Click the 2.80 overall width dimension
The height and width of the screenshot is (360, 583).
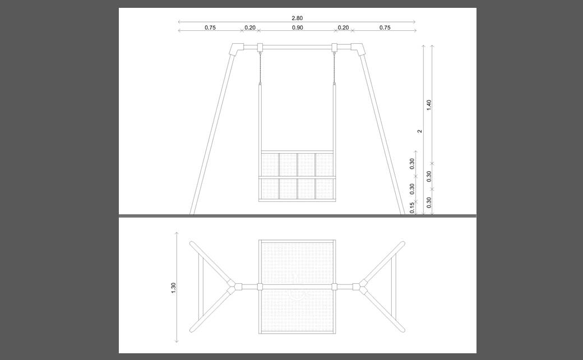[x=297, y=18]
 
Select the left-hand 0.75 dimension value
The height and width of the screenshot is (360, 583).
[x=210, y=27]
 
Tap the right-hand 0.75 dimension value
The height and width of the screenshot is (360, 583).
[x=385, y=27]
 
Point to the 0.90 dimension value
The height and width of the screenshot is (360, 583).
[x=298, y=27]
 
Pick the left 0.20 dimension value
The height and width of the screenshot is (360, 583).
[x=250, y=27]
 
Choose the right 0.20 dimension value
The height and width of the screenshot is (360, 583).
[x=343, y=27]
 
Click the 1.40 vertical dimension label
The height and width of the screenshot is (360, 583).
[x=429, y=105]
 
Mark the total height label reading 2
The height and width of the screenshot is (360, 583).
[x=420, y=131]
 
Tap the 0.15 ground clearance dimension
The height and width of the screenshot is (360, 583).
[x=412, y=208]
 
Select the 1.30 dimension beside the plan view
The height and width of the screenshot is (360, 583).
[x=173, y=288]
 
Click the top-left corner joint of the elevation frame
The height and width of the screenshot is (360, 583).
[x=236, y=49]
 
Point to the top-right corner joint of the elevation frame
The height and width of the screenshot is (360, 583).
[x=358, y=49]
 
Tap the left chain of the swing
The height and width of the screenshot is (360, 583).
[x=260, y=68]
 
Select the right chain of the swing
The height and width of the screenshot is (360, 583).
[x=334, y=68]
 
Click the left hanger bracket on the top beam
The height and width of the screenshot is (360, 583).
[x=260, y=47]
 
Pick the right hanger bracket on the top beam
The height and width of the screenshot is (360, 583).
[x=334, y=47]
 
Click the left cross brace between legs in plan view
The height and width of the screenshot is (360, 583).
[x=201, y=287]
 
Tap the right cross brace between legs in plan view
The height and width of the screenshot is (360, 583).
[x=394, y=287]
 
